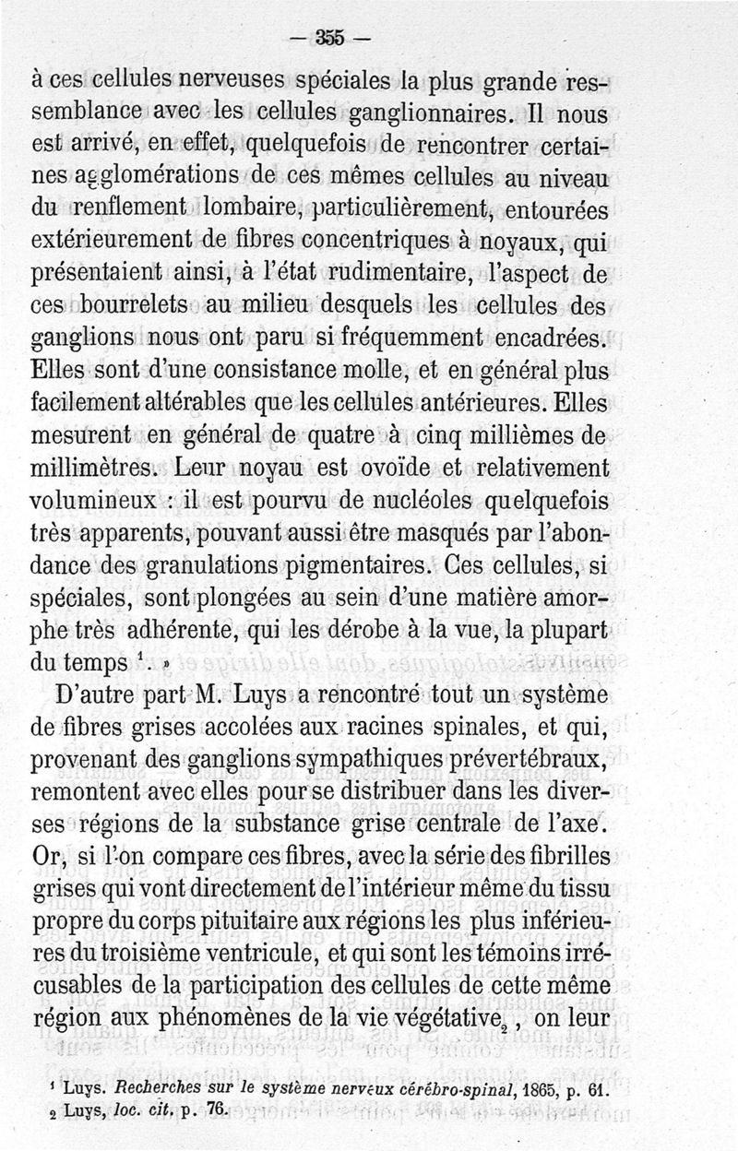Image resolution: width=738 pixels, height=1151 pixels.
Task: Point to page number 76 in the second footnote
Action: [217, 1112]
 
